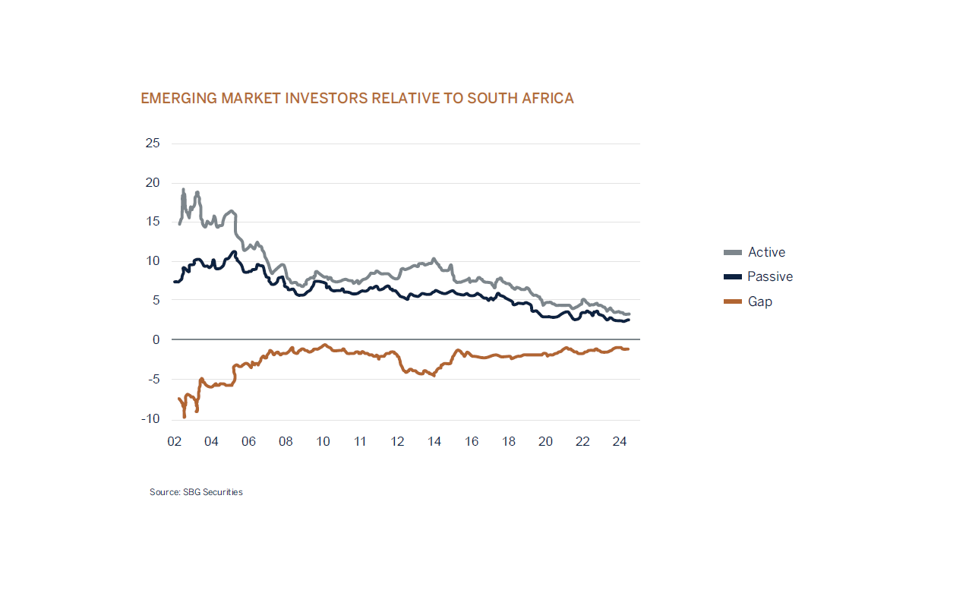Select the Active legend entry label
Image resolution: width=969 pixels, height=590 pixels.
click(766, 252)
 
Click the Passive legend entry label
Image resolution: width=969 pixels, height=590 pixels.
click(769, 276)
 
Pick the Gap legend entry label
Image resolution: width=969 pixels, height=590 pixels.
click(759, 301)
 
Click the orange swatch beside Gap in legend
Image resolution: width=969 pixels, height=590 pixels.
click(733, 301)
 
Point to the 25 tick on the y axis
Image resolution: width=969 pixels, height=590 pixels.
click(152, 144)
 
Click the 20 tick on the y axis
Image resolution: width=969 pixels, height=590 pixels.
click(152, 183)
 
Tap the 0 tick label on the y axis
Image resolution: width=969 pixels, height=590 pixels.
click(156, 339)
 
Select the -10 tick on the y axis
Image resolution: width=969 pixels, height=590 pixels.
click(150, 418)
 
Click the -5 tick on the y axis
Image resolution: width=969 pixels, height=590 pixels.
click(153, 379)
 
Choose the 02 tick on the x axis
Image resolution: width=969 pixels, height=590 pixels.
click(174, 441)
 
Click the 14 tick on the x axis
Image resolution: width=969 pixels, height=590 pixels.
click(434, 441)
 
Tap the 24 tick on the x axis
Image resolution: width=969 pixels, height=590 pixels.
click(620, 441)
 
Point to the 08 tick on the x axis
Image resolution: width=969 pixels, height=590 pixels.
click(286, 441)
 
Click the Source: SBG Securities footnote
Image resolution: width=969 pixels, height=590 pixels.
click(196, 492)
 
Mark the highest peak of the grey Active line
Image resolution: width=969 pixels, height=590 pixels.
click(183, 190)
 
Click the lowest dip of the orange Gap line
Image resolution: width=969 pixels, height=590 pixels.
click(185, 416)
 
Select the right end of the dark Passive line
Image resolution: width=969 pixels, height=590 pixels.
click(628, 320)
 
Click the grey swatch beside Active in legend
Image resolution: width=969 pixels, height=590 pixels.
click(733, 252)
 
